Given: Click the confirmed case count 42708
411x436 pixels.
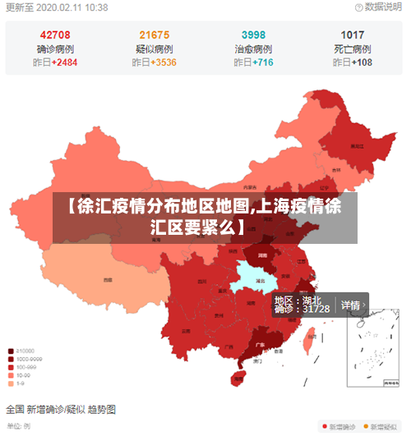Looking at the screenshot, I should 54,34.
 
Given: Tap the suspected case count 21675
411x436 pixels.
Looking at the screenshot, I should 154,34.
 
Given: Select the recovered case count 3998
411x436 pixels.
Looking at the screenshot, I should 253,34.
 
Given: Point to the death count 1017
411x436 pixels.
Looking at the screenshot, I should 353,34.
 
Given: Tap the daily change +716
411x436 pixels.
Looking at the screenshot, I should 263,62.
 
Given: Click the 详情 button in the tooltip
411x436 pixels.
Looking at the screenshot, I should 353,305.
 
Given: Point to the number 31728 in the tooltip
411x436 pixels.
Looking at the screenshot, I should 316,310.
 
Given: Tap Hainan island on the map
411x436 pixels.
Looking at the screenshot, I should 238,377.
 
